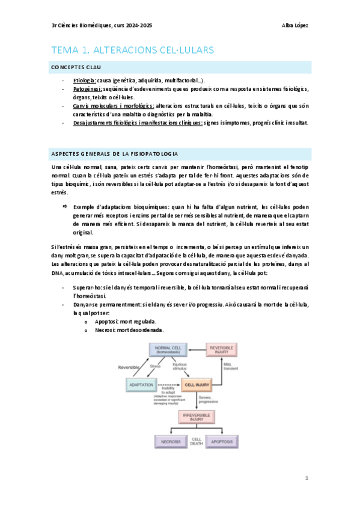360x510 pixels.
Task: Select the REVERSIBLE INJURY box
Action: click(x=223, y=350)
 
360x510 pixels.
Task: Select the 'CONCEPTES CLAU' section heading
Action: click(x=76, y=68)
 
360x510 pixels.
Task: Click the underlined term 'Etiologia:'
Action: click(x=84, y=81)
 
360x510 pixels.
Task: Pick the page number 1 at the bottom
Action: click(x=307, y=478)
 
